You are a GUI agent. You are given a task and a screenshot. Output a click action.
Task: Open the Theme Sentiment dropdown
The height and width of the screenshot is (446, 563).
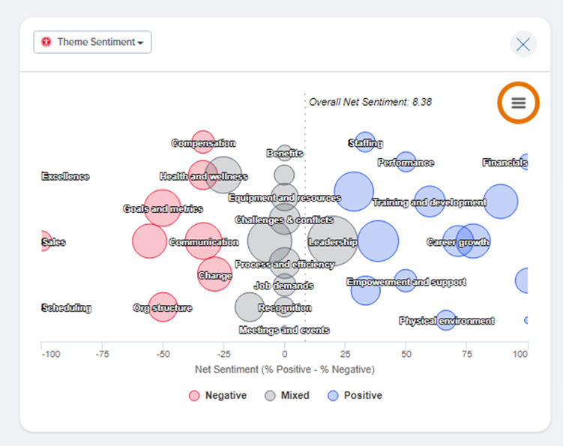92,42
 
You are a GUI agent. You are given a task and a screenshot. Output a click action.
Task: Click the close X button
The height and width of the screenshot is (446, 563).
523,44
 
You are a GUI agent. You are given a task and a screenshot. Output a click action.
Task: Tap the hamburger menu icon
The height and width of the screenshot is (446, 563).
519,103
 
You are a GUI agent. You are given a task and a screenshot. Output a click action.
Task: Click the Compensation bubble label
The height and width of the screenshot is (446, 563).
203,143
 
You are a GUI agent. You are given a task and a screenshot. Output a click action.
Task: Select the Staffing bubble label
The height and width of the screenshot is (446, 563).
366,143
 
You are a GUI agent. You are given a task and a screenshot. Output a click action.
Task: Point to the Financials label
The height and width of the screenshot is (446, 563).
505,163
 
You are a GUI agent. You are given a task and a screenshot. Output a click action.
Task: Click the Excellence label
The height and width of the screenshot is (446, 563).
65,177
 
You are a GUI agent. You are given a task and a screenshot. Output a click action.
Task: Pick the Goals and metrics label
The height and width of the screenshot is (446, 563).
163,209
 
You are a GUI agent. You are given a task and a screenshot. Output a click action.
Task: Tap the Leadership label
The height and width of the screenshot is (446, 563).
333,243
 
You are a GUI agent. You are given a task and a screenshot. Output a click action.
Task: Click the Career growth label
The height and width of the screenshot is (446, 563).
458,242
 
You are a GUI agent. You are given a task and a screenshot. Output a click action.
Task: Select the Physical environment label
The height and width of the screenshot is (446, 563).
447,321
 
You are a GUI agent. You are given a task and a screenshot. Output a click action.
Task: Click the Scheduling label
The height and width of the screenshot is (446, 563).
66,308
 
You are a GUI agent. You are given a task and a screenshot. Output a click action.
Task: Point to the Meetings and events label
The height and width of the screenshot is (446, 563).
284,330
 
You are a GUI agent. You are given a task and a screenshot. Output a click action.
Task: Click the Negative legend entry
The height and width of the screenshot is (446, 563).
217,396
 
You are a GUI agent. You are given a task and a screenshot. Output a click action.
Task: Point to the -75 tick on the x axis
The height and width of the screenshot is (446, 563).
102,354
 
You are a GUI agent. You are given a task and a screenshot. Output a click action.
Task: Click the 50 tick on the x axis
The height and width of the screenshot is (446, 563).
406,354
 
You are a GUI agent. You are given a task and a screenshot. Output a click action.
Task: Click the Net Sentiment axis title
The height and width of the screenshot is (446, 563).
284,370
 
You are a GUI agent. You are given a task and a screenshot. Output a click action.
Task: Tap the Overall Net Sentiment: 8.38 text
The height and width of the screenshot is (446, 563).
370,102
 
